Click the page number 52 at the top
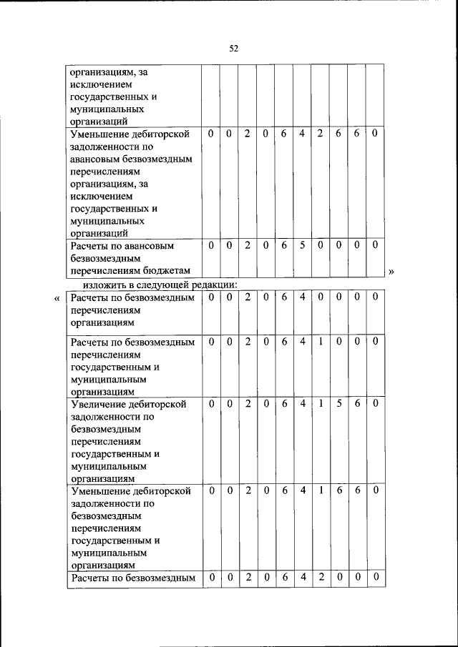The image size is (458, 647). tap(233, 49)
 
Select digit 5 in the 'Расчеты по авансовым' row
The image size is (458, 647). tap(302, 245)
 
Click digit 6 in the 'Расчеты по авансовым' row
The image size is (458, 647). tap(283, 245)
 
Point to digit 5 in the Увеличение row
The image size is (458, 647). tap(338, 404)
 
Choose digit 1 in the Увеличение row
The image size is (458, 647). tap(321, 404)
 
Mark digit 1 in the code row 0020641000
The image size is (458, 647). tap(321, 342)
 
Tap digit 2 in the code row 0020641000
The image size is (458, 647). tap(247, 342)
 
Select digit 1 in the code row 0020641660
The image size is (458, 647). tap(321, 490)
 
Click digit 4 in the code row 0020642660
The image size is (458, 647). tap(302, 133)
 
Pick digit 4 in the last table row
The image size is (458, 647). tap(302, 577)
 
